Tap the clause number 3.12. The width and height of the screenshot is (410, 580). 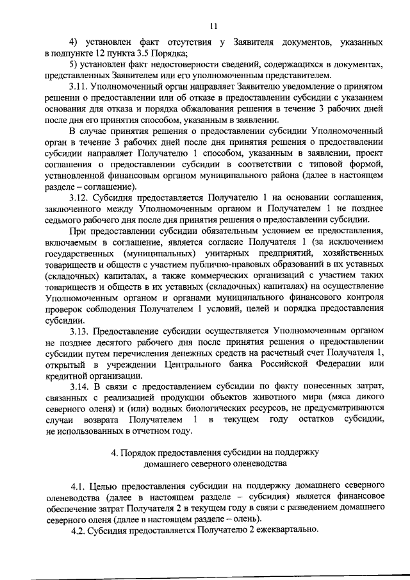pos(79,197)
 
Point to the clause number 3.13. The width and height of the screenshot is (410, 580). pos(79,331)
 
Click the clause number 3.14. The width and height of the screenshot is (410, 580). pos(79,386)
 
